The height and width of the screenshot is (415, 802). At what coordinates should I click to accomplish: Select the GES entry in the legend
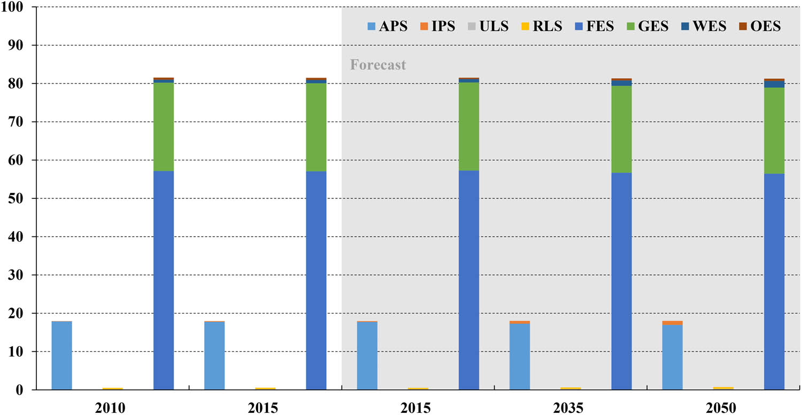646,26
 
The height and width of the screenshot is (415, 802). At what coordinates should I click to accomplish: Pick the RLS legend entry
541,26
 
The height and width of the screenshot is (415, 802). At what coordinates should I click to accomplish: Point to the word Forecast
378,65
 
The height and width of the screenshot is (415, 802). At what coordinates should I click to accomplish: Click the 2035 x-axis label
568,408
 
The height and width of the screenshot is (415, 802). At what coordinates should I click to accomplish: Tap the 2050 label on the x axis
721,408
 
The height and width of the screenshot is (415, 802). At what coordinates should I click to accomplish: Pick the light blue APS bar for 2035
520,356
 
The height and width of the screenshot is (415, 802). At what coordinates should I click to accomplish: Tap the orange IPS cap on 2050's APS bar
672,322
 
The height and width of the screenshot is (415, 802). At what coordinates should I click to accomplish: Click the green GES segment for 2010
164,127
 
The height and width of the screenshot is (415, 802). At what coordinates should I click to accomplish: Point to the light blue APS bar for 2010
61,355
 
